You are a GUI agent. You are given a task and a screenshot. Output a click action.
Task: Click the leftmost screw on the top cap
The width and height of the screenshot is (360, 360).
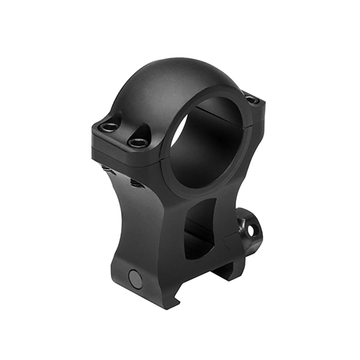click(109, 127)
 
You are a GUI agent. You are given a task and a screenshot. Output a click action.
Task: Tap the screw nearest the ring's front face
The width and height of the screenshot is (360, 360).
click(137, 143)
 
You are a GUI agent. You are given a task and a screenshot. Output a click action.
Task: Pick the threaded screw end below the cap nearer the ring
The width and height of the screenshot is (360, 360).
click(135, 183)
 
